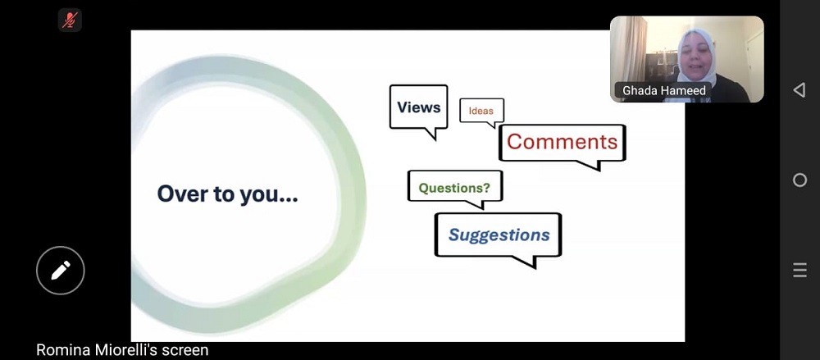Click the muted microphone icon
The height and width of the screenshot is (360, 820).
(70, 20)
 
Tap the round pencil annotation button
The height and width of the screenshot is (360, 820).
(60, 270)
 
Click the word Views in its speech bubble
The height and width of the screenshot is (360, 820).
(418, 107)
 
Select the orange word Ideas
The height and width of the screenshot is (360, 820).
(481, 111)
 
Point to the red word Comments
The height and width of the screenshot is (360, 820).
(563, 142)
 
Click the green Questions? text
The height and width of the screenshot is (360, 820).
(454, 187)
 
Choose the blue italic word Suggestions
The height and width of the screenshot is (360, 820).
(499, 235)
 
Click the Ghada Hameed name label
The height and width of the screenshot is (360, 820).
(663, 90)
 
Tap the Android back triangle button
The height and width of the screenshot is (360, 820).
(799, 90)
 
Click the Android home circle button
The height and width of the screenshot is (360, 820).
(799, 180)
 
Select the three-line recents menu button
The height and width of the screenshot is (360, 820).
(799, 270)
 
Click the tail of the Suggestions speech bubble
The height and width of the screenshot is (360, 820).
(526, 261)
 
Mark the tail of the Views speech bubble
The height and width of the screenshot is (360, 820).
(430, 134)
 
